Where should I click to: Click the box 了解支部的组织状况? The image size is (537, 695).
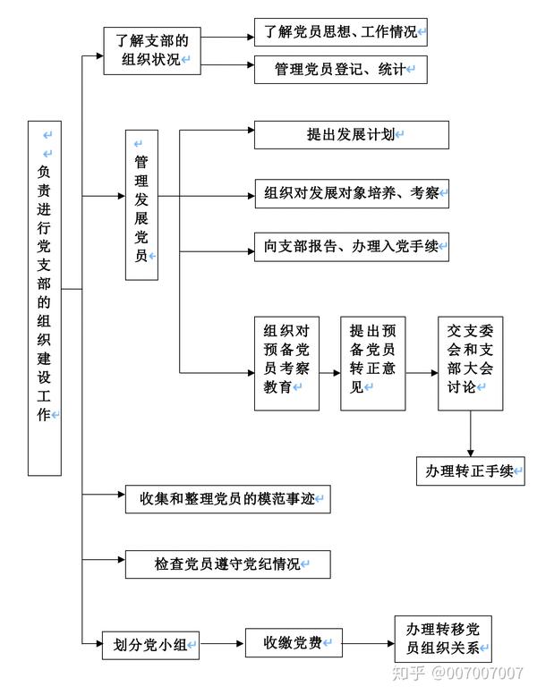point(152,51)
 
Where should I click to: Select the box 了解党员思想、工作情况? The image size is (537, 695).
point(340,32)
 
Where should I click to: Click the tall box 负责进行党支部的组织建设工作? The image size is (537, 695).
point(45,296)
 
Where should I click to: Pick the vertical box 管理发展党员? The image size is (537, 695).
point(141,205)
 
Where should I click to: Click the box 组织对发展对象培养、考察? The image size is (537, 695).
point(351,193)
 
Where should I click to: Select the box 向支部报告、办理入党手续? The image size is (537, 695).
point(351,248)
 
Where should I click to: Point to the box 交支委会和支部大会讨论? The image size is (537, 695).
point(470,363)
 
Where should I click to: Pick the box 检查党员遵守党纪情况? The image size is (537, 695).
point(229,564)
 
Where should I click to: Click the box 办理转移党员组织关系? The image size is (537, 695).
point(442,639)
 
